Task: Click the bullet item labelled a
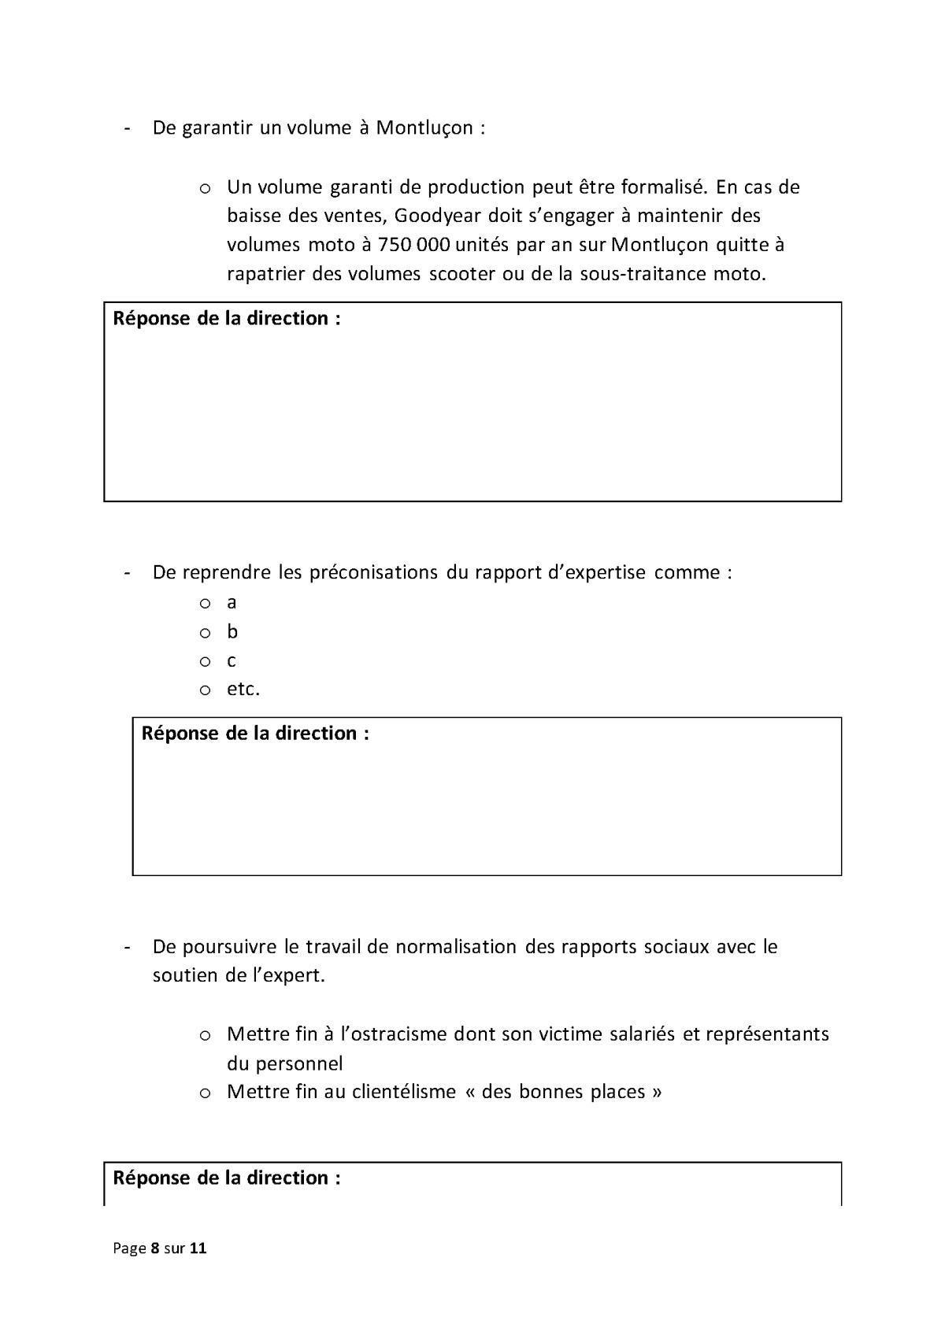point(232,603)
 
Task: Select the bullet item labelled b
point(232,631)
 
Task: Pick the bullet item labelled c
point(232,661)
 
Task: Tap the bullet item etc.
point(243,689)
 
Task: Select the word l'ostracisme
point(395,1034)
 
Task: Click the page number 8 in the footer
point(155,1248)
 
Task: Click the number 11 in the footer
point(198,1248)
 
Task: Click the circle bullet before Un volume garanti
point(205,188)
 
